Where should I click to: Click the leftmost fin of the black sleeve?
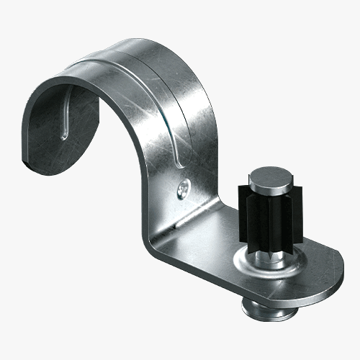coord(241,209)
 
